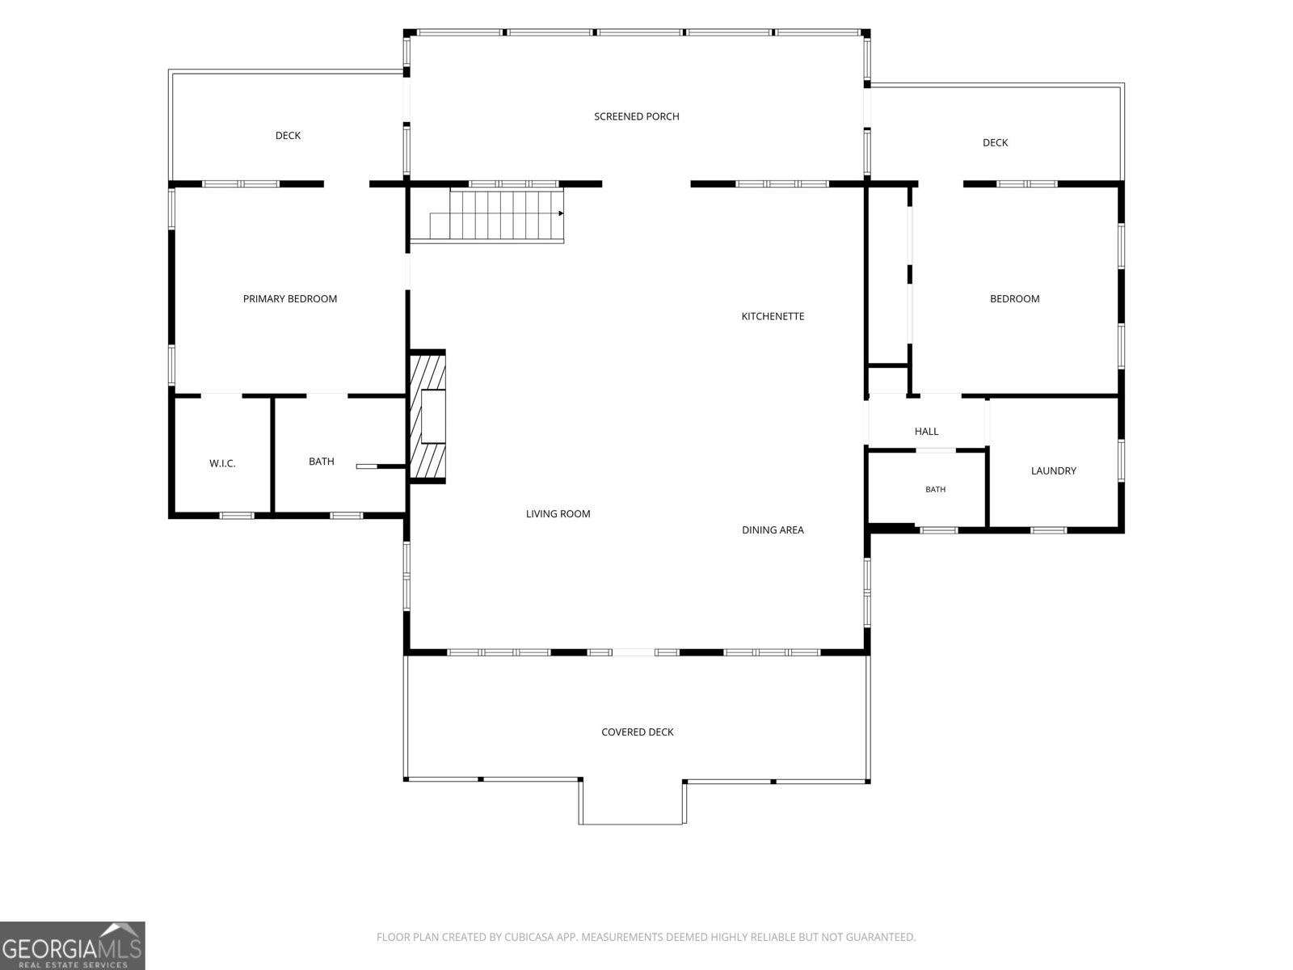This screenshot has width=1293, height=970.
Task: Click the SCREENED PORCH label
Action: click(x=636, y=116)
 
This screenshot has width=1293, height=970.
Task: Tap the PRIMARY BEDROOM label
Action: click(x=290, y=298)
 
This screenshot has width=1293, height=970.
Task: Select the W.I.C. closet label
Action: click(x=222, y=463)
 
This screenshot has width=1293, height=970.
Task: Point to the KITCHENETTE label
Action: click(x=773, y=316)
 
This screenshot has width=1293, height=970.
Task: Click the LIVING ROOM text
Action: click(x=558, y=513)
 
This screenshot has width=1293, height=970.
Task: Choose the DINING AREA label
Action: click(x=773, y=530)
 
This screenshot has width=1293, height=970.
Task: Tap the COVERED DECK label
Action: click(x=637, y=732)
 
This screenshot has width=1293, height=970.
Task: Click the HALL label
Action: click(x=926, y=432)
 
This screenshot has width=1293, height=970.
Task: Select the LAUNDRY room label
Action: click(x=1053, y=470)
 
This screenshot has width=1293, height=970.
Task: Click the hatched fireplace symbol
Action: click(x=427, y=416)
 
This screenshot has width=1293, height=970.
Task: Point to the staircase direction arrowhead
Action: click(x=561, y=213)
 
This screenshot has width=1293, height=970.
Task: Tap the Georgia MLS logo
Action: click(x=73, y=945)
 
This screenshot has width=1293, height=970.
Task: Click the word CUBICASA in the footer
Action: click(x=528, y=937)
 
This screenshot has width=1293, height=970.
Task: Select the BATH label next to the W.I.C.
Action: click(x=321, y=461)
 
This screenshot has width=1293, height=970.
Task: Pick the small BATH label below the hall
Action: click(x=935, y=489)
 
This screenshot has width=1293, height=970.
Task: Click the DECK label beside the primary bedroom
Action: click(x=288, y=136)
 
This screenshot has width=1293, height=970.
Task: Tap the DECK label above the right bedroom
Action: click(x=995, y=142)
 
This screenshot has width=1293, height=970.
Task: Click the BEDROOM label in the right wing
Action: click(x=1014, y=298)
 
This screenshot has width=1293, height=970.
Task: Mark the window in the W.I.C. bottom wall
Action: click(x=237, y=516)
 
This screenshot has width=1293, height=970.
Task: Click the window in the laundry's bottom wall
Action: click(x=1048, y=530)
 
